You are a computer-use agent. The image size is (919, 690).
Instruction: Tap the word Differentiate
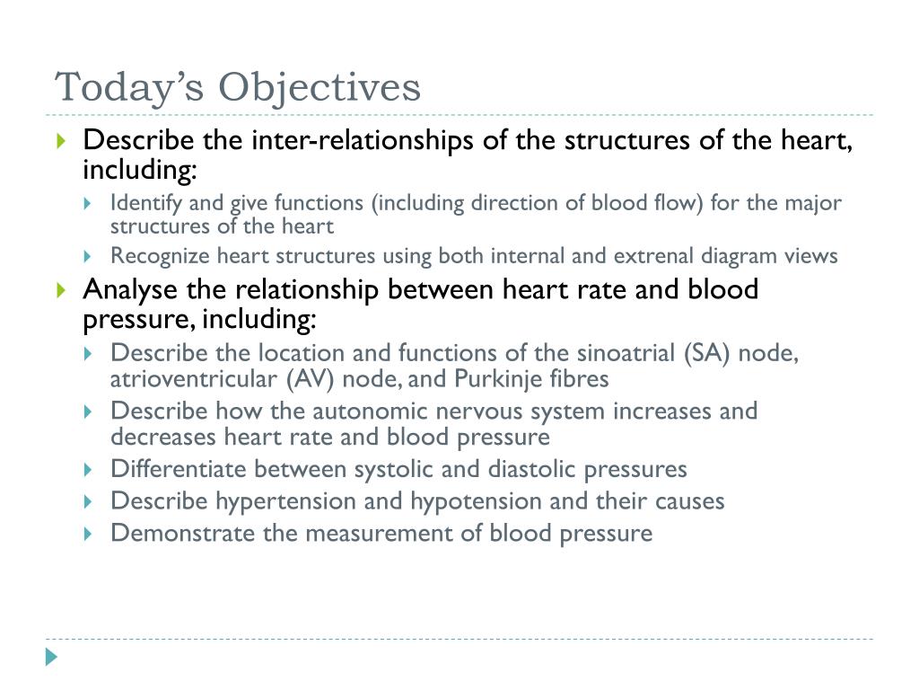pyautogui.click(x=179, y=469)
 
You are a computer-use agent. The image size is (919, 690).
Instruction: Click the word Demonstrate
pyautogui.click(x=183, y=533)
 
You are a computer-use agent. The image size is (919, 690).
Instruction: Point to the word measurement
pyautogui.click(x=381, y=533)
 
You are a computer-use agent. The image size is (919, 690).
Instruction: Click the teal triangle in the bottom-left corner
pyautogui.click(x=51, y=657)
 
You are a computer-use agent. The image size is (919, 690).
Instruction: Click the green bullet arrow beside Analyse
pyautogui.click(x=61, y=290)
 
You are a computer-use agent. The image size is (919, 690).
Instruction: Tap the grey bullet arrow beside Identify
pyautogui.click(x=87, y=203)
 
